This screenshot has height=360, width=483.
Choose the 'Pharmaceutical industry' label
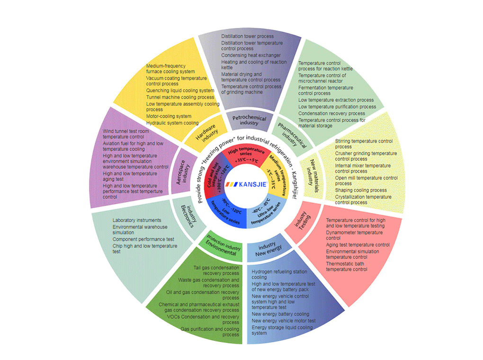tap(288, 134)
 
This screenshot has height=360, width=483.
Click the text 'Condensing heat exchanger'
tap(251, 55)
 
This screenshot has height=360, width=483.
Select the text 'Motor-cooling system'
tap(169, 116)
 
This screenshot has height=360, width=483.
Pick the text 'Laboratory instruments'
tap(137, 220)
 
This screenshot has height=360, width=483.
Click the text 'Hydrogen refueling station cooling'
tap(279, 275)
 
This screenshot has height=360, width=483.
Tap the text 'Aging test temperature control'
tap(358, 245)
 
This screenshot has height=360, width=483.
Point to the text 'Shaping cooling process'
tap(361, 190)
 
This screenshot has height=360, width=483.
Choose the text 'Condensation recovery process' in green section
tap(332, 113)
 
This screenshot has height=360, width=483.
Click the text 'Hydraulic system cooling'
tap(172, 123)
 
